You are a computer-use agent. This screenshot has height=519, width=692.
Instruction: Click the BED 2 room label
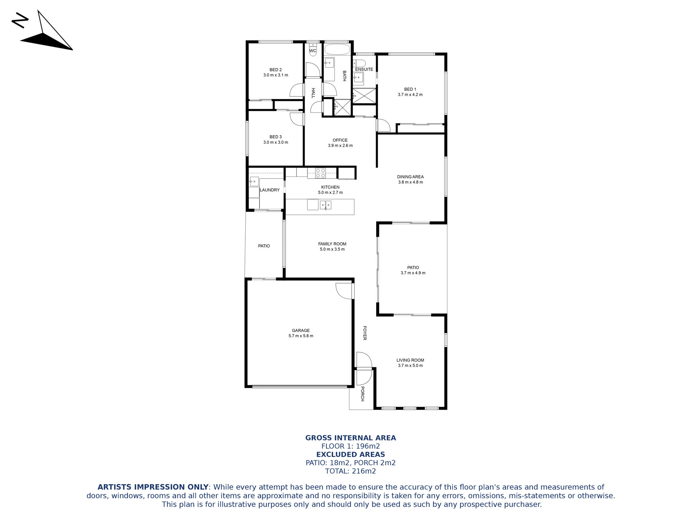pyautogui.click(x=276, y=70)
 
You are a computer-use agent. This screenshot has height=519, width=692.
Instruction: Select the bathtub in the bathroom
pyautogui.click(x=337, y=49)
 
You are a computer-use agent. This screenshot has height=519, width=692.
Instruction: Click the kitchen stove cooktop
pyautogui.click(x=320, y=173)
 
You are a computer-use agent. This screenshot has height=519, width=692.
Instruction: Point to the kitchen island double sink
pyautogui.click(x=326, y=205)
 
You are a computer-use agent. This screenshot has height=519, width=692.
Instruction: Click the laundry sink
pyautogui.click(x=254, y=182)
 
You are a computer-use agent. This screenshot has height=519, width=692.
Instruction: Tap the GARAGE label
pyautogui.click(x=301, y=330)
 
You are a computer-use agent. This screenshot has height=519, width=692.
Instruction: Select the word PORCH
pyautogui.click(x=363, y=394)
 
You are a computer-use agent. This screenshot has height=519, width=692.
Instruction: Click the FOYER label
pyautogui.click(x=365, y=333)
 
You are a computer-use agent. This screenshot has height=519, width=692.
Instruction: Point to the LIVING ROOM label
pyautogui.click(x=410, y=360)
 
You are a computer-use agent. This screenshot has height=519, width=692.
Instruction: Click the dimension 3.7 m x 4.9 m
pyautogui.click(x=413, y=273)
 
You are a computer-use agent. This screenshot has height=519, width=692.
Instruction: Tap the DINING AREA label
pyautogui.click(x=410, y=177)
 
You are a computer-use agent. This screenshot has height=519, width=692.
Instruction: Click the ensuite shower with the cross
pyautogui.click(x=364, y=96)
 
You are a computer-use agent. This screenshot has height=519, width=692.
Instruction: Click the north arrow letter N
pyautogui.click(x=20, y=21)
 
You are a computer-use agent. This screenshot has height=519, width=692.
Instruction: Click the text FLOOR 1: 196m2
pyautogui.click(x=350, y=446)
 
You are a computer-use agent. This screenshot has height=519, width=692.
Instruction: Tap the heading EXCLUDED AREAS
pyautogui.click(x=350, y=455)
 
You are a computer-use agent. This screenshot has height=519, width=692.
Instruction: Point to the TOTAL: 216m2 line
pyautogui.click(x=350, y=471)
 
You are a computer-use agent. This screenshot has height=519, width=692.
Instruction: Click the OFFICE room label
pyautogui.click(x=340, y=140)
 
